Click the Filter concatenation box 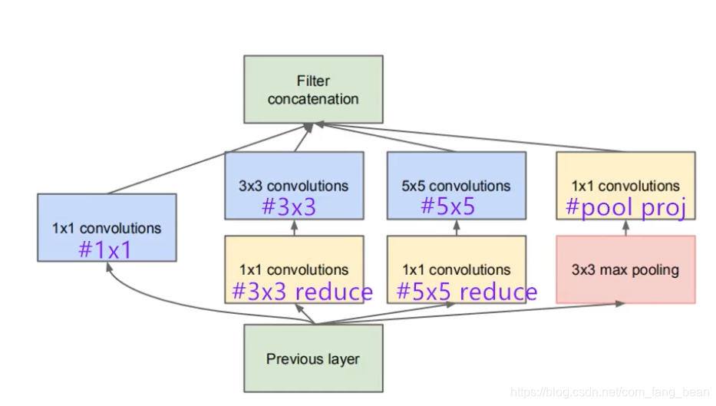point(312,89)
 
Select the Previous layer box point(312,358)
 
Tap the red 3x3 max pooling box point(625,269)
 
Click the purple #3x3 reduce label point(302,292)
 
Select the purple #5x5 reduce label point(467,292)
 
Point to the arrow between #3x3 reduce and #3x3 point(294,227)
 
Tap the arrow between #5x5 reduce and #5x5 point(456,227)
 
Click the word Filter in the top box point(312,81)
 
